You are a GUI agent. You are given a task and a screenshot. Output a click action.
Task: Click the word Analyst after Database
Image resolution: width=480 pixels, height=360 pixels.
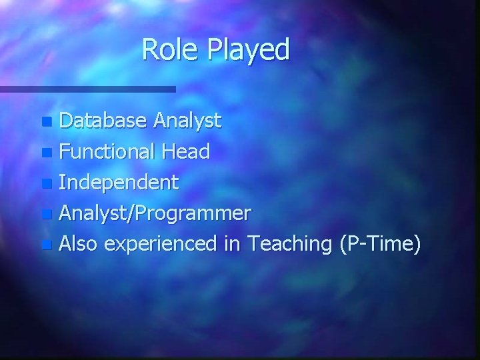(x=187, y=122)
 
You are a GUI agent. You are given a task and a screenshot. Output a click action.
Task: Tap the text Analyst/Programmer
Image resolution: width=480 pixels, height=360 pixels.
(x=155, y=214)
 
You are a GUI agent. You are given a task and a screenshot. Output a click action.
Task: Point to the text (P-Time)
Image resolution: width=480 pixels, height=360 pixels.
(x=380, y=245)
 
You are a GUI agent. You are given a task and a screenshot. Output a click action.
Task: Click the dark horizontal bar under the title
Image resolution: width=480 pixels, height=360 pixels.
(x=87, y=89)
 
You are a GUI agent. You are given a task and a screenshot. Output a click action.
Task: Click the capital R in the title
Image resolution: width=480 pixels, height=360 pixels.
(x=149, y=49)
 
